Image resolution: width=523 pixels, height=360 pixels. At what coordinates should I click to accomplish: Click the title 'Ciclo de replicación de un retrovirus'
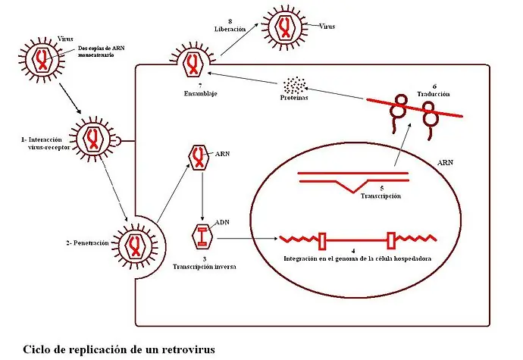pyautogui.click(x=119, y=349)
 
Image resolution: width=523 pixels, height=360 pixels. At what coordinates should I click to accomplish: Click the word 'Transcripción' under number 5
pyautogui.click(x=379, y=196)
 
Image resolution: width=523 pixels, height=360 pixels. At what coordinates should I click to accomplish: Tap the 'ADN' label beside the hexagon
pyautogui.click(x=223, y=222)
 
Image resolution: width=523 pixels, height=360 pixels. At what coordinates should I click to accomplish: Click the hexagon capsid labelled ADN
pyautogui.click(x=203, y=238)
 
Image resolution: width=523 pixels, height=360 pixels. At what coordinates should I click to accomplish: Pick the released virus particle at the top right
pyautogui.click(x=284, y=26)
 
